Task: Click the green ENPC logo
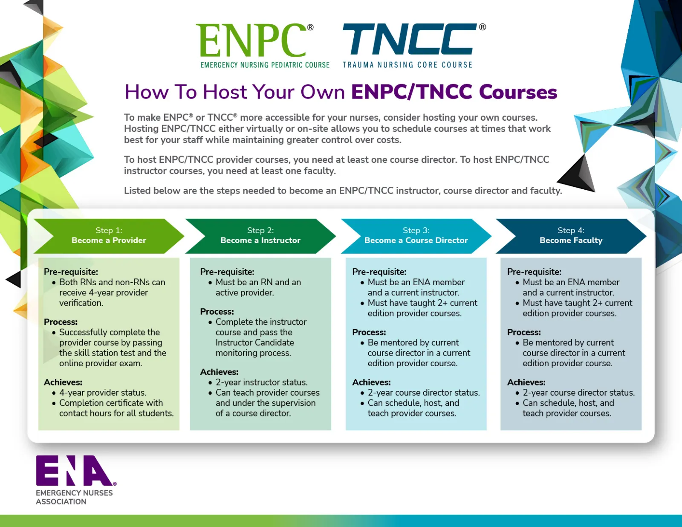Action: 251,41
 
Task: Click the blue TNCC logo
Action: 409,39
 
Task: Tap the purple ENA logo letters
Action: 74,471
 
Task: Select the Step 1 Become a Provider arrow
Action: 109,236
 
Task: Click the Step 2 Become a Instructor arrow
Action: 260,236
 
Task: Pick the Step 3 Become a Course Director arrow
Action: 416,236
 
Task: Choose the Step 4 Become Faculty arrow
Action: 571,236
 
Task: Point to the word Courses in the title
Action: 518,92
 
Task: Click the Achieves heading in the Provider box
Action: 63,382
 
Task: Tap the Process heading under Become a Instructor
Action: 217,312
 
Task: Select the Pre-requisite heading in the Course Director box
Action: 379,272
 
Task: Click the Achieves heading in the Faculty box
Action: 526,382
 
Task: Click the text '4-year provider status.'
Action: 103,393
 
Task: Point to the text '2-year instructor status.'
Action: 261,382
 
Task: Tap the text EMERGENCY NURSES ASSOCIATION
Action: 74,497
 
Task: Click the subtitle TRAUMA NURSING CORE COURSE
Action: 407,65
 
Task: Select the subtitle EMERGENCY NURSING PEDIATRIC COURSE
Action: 265,65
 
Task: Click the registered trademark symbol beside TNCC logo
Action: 483,27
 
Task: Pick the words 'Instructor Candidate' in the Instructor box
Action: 254,343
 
